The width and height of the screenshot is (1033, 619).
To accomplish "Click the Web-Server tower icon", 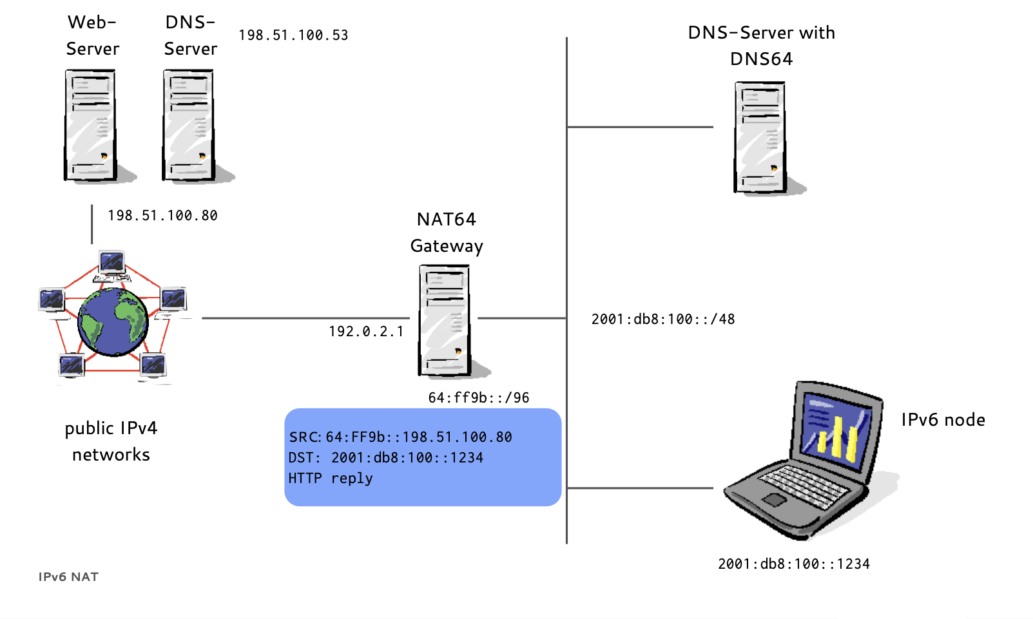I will tap(91, 125).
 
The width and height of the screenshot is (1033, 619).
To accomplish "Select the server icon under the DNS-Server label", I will tap(189, 125).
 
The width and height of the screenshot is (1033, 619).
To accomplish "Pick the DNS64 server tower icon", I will tap(760, 137).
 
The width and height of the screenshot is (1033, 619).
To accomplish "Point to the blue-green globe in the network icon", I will tap(113, 321).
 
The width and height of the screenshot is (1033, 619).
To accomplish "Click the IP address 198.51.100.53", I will tap(293, 35).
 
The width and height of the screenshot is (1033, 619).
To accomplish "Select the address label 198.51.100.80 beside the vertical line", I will tap(162, 216).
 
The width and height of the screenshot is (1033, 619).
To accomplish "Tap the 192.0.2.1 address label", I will tap(366, 332).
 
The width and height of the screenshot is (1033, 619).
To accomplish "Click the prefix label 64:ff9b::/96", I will tap(479, 398).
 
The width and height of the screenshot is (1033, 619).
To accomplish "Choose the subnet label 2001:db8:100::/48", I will tap(663, 319).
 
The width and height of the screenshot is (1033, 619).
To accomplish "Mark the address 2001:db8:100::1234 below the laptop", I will tap(794, 564).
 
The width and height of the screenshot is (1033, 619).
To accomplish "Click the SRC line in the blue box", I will tap(400, 437).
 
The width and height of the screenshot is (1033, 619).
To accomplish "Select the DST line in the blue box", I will tap(385, 458).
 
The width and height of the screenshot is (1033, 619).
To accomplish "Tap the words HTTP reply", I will tap(331, 479).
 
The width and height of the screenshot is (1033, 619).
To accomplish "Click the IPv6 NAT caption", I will tap(68, 577).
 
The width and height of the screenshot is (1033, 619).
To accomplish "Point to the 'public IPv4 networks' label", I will tap(111, 441).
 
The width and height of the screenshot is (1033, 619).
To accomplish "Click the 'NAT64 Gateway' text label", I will tap(447, 233).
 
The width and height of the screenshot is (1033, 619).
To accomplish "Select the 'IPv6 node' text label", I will tap(943, 420).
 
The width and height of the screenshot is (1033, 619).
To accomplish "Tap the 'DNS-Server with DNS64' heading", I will tap(761, 46).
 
